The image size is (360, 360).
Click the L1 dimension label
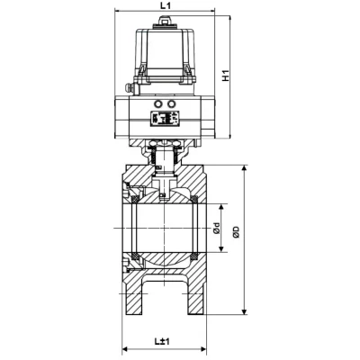coord(165,5)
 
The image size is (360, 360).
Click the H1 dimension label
coord(226,76)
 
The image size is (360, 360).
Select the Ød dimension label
coord(217,229)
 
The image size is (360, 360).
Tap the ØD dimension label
coord(237,232)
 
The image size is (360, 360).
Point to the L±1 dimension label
coord(162,341)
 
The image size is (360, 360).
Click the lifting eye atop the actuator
coord(165,22)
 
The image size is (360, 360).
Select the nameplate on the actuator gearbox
coord(165,118)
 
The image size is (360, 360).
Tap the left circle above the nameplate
coord(158,104)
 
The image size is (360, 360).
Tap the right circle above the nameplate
coord(171,104)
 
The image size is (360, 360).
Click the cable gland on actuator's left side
coord(129,88)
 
